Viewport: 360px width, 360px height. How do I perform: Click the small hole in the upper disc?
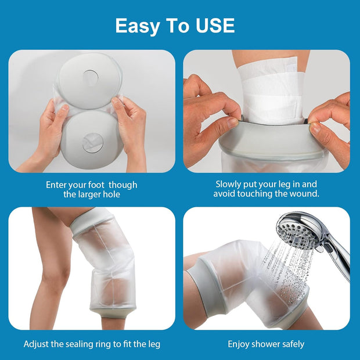[91, 75]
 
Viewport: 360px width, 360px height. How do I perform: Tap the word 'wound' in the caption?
[305, 194]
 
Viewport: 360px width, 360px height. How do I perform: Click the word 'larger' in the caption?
[91, 195]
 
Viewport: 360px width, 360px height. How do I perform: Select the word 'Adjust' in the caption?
[37, 344]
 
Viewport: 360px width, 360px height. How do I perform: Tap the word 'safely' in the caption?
[292, 344]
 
